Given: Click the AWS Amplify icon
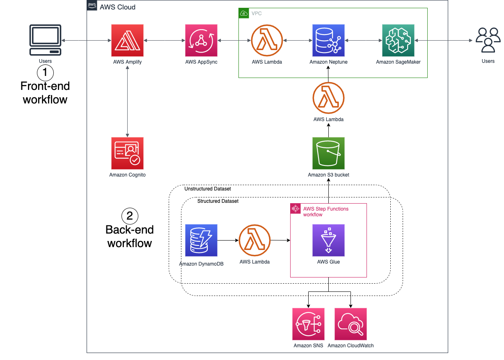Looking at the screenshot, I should pyautogui.click(x=127, y=40).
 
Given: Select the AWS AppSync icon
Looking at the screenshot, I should pyautogui.click(x=201, y=40).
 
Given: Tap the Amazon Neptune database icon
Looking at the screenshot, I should pyautogui.click(x=328, y=40).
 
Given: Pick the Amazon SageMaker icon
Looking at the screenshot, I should pyautogui.click(x=398, y=40).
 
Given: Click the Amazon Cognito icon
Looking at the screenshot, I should pyautogui.click(x=127, y=153).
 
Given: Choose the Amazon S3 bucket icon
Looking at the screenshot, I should pyautogui.click(x=328, y=153).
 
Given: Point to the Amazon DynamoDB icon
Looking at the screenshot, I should pyautogui.click(x=201, y=240).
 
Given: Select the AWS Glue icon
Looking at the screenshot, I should pyautogui.click(x=328, y=240).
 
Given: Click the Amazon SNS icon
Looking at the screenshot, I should pyautogui.click(x=308, y=324).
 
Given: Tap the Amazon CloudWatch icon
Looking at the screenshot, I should pyautogui.click(x=351, y=324).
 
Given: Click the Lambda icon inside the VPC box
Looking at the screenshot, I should pyautogui.click(x=267, y=40).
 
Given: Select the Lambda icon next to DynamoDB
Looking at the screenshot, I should pyautogui.click(x=254, y=240).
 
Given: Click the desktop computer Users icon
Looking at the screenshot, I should pyautogui.click(x=45, y=40).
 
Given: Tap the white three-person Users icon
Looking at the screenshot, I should pyautogui.click(x=488, y=40).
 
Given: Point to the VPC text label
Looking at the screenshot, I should pyautogui.click(x=257, y=14).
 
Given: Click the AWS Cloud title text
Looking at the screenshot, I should pyautogui.click(x=117, y=7).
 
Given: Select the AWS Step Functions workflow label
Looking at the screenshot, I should pyautogui.click(x=325, y=211).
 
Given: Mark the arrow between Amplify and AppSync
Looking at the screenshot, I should pyautogui.click(x=164, y=41).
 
